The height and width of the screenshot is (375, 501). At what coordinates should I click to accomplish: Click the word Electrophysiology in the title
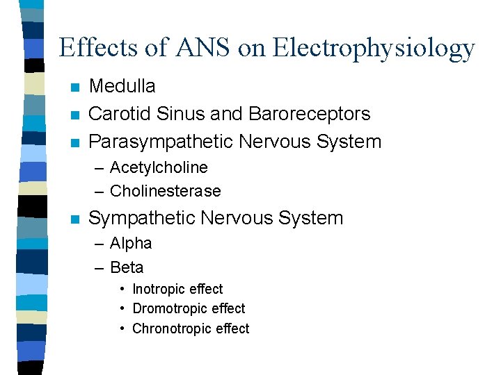click(x=374, y=49)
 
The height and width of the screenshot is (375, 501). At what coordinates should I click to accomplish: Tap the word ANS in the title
click(x=198, y=47)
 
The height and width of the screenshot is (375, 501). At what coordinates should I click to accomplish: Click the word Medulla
click(x=122, y=86)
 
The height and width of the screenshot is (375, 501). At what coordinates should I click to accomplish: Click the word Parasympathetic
click(x=161, y=142)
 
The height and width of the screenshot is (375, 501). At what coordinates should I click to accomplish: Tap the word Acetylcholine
click(x=159, y=167)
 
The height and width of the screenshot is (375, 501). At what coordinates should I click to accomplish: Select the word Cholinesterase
click(x=165, y=191)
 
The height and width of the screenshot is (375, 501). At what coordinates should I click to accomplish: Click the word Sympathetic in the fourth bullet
click(x=142, y=218)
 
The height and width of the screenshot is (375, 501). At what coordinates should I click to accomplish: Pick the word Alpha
click(x=131, y=243)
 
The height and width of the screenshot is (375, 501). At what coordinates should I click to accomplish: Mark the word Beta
click(x=127, y=267)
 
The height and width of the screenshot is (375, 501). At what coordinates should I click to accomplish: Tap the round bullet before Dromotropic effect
click(x=122, y=308)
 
